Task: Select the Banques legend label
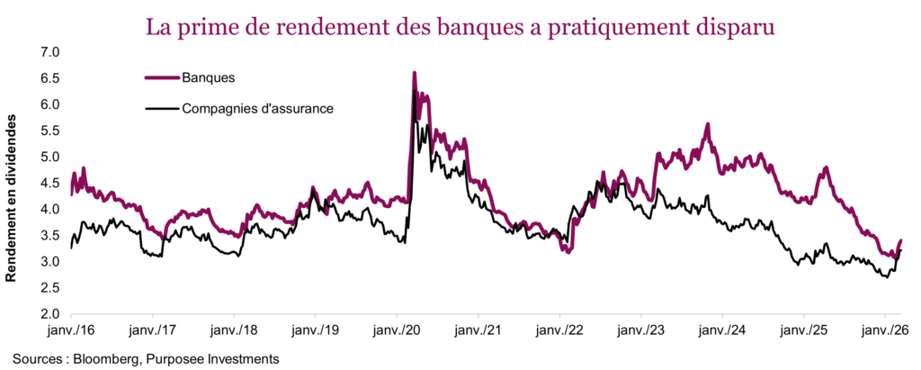(208, 77)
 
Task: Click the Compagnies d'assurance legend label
(258, 109)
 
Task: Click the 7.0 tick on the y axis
(49, 52)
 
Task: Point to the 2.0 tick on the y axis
(49, 315)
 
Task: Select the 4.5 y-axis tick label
(49, 184)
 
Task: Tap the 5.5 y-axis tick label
(49, 131)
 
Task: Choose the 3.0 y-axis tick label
(49, 262)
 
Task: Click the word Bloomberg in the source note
(113, 358)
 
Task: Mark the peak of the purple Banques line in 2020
(414, 73)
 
